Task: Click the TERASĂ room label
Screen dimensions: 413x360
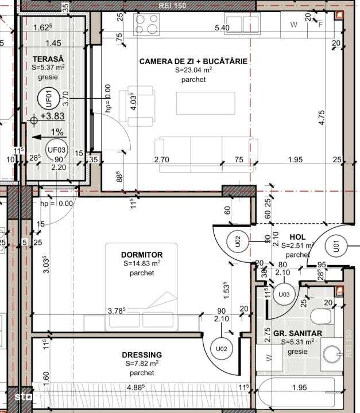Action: [48, 59]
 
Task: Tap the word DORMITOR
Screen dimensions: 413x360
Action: [142, 255]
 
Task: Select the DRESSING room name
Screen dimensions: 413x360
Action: [142, 354]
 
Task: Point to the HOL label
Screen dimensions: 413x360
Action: [297, 236]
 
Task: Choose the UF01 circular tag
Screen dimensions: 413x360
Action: [48, 99]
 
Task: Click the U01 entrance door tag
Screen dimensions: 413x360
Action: [335, 247]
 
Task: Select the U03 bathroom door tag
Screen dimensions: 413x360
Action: [284, 295]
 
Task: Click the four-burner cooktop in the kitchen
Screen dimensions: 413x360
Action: [147, 24]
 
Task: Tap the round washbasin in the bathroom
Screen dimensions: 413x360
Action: [331, 354]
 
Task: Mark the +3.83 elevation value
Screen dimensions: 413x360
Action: [52, 115]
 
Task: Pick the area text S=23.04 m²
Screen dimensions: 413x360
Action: [193, 71]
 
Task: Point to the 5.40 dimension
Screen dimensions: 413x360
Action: [222, 28]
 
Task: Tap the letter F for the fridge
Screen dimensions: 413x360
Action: [320, 25]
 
